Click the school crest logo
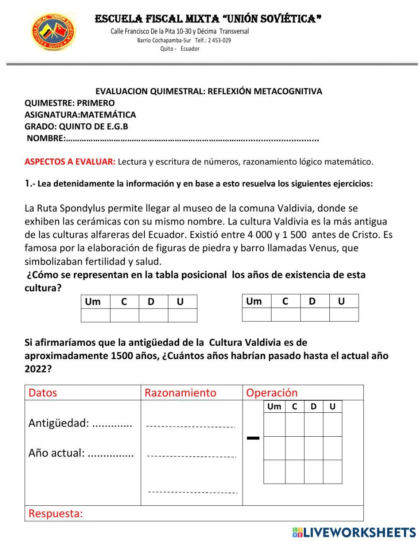53,32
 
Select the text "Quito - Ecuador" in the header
180,49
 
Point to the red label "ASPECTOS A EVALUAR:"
70,162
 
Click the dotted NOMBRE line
192,139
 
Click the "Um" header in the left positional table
93,302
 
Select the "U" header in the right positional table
341,301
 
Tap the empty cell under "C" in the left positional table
124,315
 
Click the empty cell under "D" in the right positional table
315,314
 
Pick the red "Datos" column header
42,393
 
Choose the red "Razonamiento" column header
180,393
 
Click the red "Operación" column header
272,393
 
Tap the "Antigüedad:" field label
59,423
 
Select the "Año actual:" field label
57,453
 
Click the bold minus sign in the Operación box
253,438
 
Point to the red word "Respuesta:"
56,513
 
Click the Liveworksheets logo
354,532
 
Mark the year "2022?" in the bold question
38,369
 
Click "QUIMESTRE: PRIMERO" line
70,103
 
